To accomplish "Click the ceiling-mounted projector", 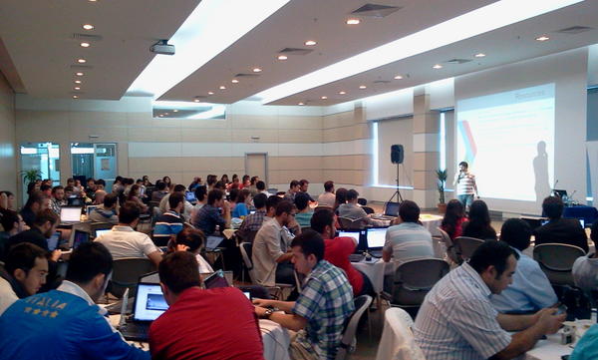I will pyautogui.click(x=162, y=47).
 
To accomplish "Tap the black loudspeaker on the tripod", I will pyautogui.click(x=397, y=154).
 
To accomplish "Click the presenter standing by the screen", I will pyautogui.click(x=464, y=185).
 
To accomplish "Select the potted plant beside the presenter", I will pyautogui.click(x=442, y=185).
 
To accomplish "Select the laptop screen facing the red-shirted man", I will pyautogui.click(x=150, y=301).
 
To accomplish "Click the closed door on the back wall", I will pyautogui.click(x=256, y=168).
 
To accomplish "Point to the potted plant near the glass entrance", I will pyautogui.click(x=32, y=178).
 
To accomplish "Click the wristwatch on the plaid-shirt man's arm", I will pyautogui.click(x=266, y=312).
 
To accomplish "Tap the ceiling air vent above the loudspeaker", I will pyautogui.click(x=375, y=10).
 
